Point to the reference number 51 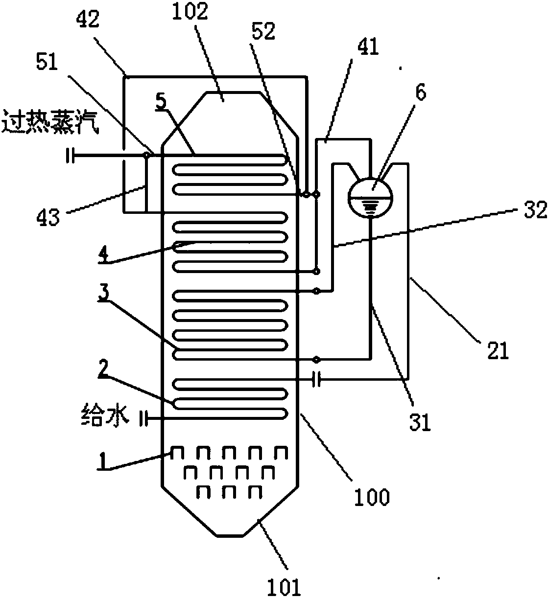[x=45, y=63]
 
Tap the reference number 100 [x=372, y=497]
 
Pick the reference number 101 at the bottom [x=284, y=586]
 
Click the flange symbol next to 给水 [x=143, y=418]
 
